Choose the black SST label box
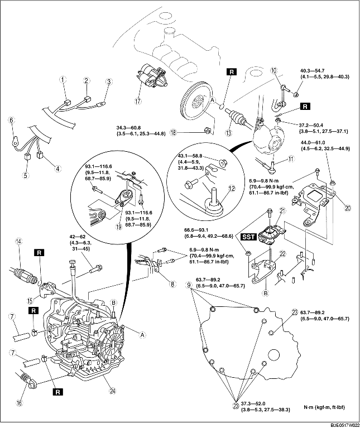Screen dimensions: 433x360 coord(248,237)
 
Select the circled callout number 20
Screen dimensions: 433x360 coord(333,208)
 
